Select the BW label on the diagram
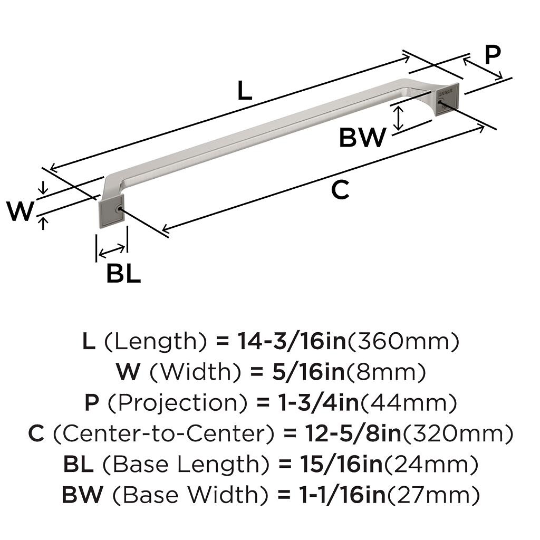click(362, 138)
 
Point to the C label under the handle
click(340, 190)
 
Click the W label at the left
click(21, 212)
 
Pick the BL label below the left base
click(123, 274)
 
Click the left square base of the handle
click(111, 210)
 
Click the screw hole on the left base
click(119, 210)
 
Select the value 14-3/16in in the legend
click(291, 342)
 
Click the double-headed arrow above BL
click(112, 248)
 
